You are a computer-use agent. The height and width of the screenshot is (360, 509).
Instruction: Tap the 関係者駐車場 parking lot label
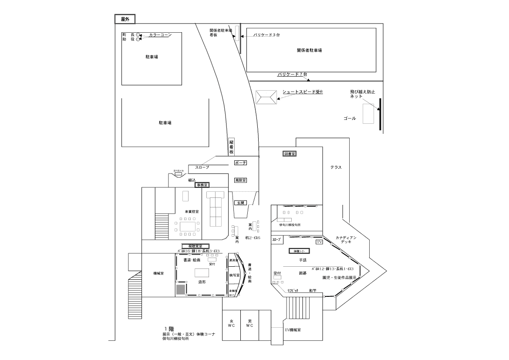pyautogui.click(x=310, y=51)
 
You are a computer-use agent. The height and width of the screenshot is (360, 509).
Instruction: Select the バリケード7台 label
pyautogui.click(x=293, y=75)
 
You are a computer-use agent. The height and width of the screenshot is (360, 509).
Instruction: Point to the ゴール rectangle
pyautogui.click(x=368, y=113)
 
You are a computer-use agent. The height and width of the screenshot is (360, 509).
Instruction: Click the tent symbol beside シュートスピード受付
pyautogui.click(x=266, y=97)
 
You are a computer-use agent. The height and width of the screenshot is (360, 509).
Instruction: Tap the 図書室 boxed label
pyautogui.click(x=290, y=154)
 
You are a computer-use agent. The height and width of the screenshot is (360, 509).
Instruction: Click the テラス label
pyautogui.click(x=335, y=167)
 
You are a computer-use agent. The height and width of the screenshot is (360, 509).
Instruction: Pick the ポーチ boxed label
pyautogui.click(x=240, y=163)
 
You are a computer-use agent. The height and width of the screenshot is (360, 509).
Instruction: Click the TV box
pyautogui.click(x=320, y=242)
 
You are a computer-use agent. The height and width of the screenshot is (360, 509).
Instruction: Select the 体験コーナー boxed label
pyautogui.click(x=299, y=251)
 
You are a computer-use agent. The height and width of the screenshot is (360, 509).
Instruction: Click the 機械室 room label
pyautogui.click(x=158, y=274)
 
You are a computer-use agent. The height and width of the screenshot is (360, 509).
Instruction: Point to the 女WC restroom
pyautogui.click(x=231, y=325)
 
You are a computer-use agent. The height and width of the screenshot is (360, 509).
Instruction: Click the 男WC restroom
pyautogui.click(x=249, y=325)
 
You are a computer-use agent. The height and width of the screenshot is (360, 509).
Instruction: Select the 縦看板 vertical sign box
pyautogui.click(x=232, y=146)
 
